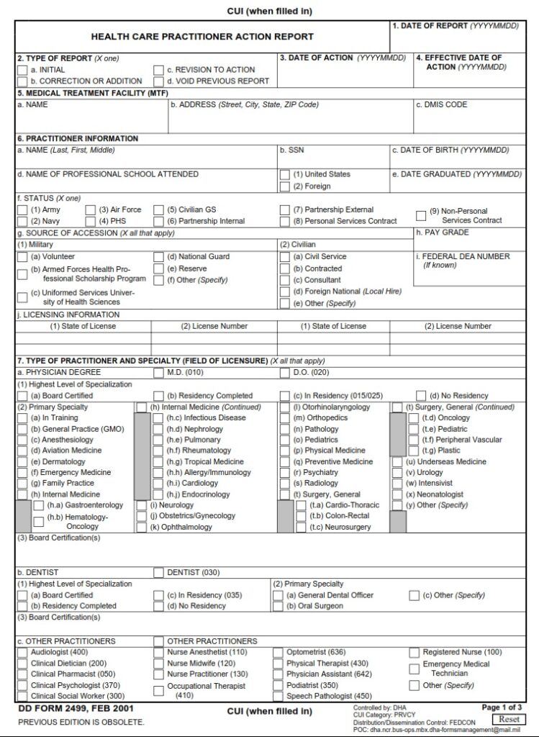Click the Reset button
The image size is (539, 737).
pyautogui.click(x=509, y=719)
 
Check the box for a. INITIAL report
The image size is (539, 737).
pyautogui.click(x=23, y=71)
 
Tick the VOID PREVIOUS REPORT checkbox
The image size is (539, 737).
pyautogui.click(x=158, y=81)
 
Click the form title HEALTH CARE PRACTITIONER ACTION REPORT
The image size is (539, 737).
pyautogui.click(x=202, y=37)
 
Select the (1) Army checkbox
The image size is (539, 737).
pyautogui.click(x=23, y=210)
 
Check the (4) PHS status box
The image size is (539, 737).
pyautogui.click(x=91, y=222)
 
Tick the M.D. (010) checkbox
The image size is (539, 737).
pyautogui.click(x=158, y=373)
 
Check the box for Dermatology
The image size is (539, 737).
pyautogui.click(x=23, y=462)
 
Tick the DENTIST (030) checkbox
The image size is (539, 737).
pyautogui.click(x=158, y=573)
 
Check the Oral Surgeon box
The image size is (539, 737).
pyautogui.click(x=278, y=607)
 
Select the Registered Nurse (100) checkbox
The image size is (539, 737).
pyautogui.click(x=415, y=653)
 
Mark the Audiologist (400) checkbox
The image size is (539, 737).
pyautogui.click(x=23, y=653)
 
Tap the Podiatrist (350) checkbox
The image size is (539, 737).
pyautogui.click(x=278, y=686)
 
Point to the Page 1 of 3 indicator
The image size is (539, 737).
pyautogui.click(x=502, y=707)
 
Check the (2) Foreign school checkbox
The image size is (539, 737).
pyautogui.click(x=284, y=186)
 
